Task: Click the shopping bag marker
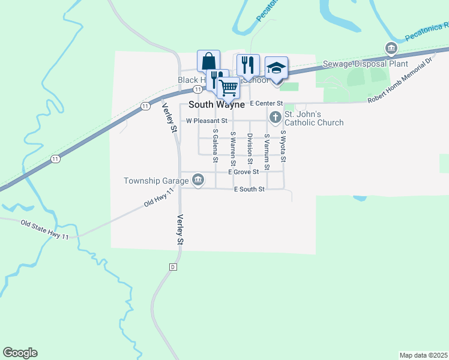point(208,61)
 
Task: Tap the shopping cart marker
point(228,88)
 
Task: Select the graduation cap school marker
point(276,68)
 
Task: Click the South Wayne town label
point(217,104)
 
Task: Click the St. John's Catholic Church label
point(313,118)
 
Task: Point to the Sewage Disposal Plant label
point(366,64)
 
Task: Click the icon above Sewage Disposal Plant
point(391,48)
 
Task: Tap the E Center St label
point(267,103)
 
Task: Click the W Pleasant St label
point(206,121)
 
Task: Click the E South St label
point(249,190)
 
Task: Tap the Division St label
point(250,148)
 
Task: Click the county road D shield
point(173,266)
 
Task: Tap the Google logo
point(20,353)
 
